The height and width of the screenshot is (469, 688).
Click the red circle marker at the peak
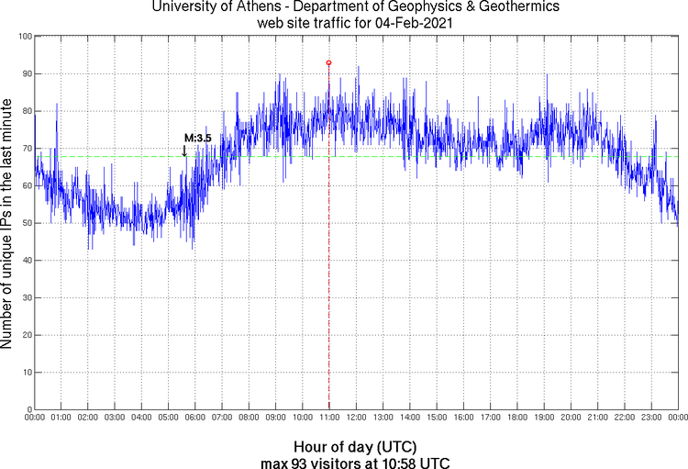coord(328,62)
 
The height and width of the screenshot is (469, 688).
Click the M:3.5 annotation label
coord(198,138)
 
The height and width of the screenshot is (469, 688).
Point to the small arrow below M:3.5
coord(184,151)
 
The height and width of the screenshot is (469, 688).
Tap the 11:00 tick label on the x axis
coord(329,419)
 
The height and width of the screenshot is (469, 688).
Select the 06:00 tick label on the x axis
coord(195,419)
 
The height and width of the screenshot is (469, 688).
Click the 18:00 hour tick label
coord(517,419)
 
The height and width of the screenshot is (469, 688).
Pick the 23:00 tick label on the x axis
coord(651,419)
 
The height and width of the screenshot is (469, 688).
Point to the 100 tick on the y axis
coord(24,37)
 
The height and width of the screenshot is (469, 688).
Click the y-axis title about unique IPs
coord(8,223)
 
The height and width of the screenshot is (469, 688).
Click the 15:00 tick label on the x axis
coord(437,419)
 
